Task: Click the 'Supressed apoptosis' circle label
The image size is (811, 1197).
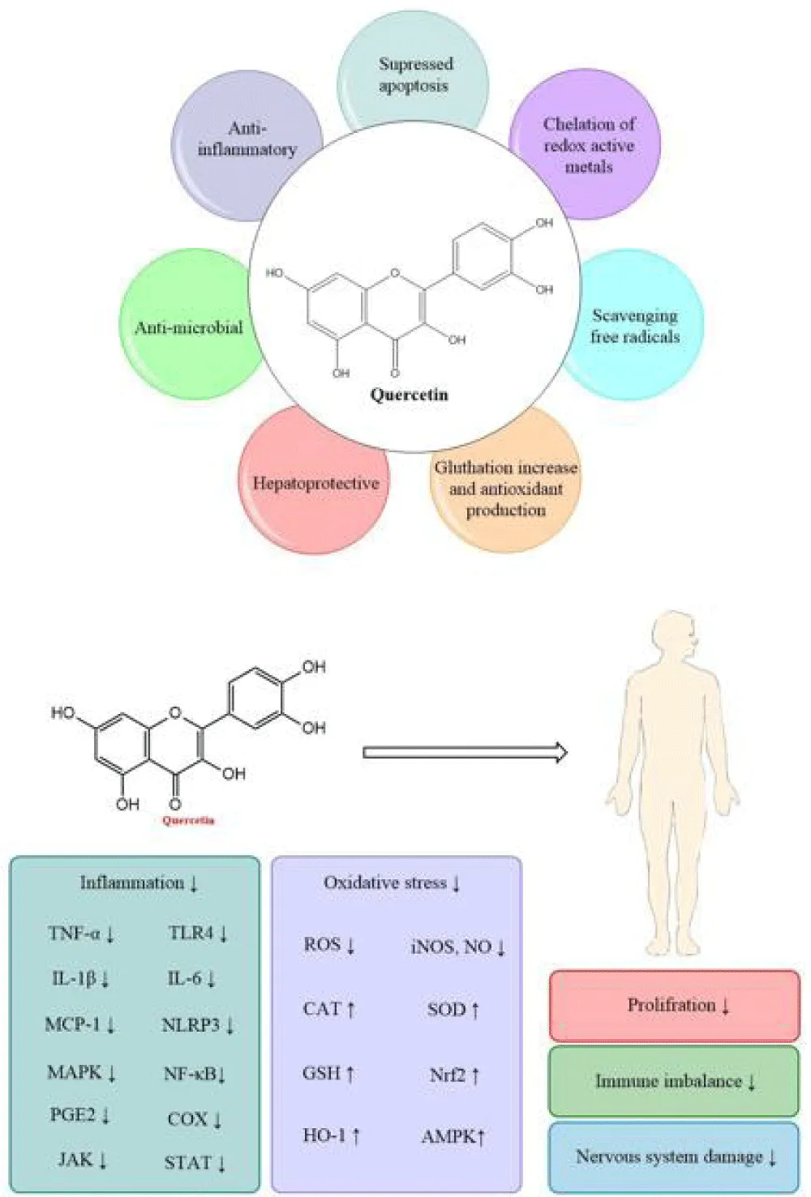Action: tap(415, 75)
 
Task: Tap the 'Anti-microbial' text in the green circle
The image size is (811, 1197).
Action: tap(189, 327)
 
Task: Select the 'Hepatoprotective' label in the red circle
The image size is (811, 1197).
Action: tap(316, 483)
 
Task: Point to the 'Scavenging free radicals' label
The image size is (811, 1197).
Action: tap(634, 326)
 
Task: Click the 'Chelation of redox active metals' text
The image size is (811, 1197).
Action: tap(589, 145)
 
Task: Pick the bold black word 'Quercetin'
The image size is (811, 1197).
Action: tap(409, 395)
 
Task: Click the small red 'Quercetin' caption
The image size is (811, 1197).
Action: tap(188, 820)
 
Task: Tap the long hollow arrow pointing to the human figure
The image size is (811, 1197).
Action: tap(465, 752)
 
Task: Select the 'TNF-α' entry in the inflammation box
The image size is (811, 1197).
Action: tap(74, 933)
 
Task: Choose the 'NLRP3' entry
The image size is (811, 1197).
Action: tap(191, 1024)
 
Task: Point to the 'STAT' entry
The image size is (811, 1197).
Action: tap(187, 1162)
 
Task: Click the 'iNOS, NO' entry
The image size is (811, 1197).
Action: tap(451, 947)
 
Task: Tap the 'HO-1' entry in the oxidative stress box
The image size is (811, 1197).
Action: tap(324, 1135)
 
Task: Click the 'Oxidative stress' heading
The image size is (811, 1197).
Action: tap(385, 883)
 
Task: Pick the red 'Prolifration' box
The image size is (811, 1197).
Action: tap(675, 1006)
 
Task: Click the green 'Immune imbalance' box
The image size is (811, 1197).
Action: tap(674, 1082)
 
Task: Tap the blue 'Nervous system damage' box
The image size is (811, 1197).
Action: tap(674, 1156)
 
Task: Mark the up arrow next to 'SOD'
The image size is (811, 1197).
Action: tap(474, 1010)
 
